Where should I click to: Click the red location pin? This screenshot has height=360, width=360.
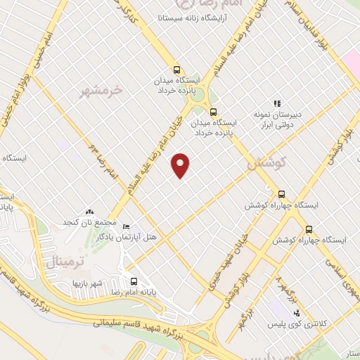pyautogui.click(x=181, y=165)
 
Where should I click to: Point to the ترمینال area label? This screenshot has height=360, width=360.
pyautogui.click(x=63, y=263)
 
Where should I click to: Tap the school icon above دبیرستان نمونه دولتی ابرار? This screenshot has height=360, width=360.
pyautogui.click(x=278, y=103)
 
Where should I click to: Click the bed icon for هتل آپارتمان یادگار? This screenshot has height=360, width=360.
pyautogui.click(x=126, y=226)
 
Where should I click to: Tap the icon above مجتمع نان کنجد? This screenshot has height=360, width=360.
pyautogui.click(x=89, y=212)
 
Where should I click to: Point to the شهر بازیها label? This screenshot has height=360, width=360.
pyautogui.click(x=87, y=283)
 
